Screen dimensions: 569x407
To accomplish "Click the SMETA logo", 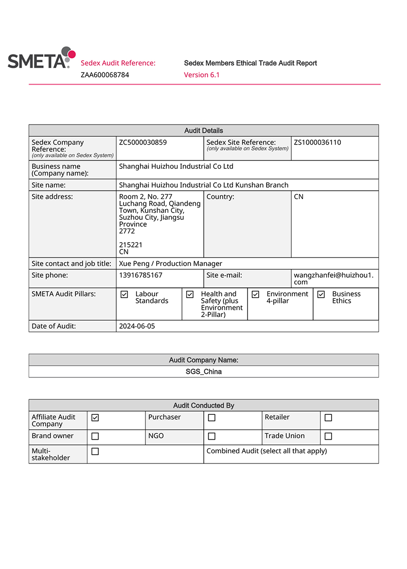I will point(41,58).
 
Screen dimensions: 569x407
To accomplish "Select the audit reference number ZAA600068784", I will point(105,75).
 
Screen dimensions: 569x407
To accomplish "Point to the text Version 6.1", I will point(202,75).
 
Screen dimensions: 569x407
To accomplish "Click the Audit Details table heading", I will point(204,130).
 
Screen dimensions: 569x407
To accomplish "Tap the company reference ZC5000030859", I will point(143,142).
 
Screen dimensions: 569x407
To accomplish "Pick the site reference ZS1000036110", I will point(318,142).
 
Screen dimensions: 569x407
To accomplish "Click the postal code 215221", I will point(131,245).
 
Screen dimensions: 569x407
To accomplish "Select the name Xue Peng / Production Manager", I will point(171,264).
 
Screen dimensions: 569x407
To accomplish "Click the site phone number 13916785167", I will point(141,275).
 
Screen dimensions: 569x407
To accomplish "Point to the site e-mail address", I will point(334,278).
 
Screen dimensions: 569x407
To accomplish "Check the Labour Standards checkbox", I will point(124,294).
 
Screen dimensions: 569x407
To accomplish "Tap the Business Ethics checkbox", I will point(321,294).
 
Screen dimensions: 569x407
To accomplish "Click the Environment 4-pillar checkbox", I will point(255,294).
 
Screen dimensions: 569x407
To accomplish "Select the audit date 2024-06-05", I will point(137,326).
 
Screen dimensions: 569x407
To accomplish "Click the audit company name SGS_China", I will point(204,372).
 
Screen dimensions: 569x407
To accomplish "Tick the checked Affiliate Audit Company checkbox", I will point(95,417).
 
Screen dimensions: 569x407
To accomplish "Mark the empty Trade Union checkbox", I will point(328,436).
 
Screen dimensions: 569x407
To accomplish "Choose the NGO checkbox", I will point(212,436).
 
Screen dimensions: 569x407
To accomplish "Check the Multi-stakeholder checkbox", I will point(95,451).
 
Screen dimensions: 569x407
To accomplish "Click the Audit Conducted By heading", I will point(204,406).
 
